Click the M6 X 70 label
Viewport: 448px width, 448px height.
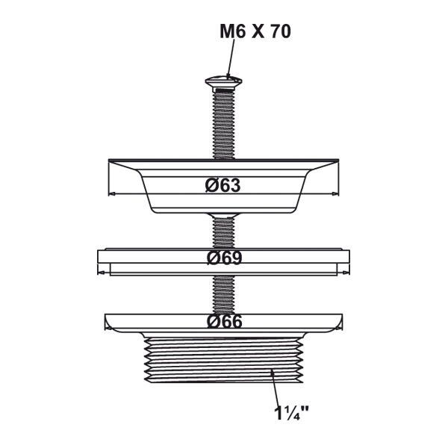[x=255, y=31]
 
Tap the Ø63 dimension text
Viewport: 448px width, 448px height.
[x=223, y=185]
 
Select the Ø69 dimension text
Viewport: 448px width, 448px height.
[x=224, y=258]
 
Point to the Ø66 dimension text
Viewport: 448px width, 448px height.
[x=224, y=322]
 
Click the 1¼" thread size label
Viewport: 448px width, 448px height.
[x=291, y=413]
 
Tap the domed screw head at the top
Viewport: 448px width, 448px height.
[x=224, y=81]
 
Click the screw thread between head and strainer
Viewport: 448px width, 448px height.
[x=224, y=123]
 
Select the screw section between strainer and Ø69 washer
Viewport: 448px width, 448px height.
[x=223, y=232]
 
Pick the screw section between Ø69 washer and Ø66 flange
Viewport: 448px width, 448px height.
[x=223, y=295]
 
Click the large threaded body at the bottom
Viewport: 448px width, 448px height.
[x=223, y=360]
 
